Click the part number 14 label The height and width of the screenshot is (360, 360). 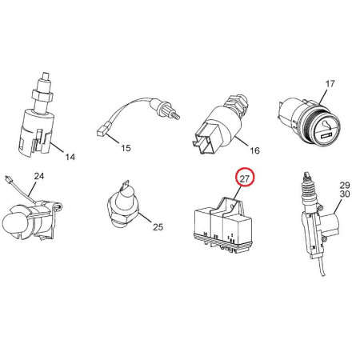click(70, 157)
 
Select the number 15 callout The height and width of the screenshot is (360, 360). click(126, 148)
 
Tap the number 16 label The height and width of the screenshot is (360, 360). click(254, 150)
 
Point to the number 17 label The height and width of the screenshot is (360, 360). click(330, 84)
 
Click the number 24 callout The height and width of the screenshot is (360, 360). click(39, 176)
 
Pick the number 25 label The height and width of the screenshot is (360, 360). click(158, 227)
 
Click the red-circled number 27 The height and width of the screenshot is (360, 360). click(245, 178)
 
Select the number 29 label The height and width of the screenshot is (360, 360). click(345, 185)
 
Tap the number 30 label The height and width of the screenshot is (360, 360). click(345, 194)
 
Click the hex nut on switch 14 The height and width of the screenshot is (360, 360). click(42, 94)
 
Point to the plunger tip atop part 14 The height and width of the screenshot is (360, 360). click(46, 75)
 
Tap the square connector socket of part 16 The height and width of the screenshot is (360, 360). click(206, 142)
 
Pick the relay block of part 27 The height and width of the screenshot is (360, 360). click(222, 226)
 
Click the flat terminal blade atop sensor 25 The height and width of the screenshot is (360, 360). click(124, 185)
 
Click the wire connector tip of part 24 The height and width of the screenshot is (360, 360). click(9, 179)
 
